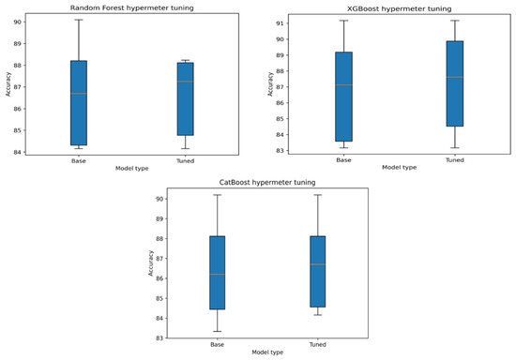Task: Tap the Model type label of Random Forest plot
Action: coord(131,168)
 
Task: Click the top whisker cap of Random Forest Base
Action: coord(79,20)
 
